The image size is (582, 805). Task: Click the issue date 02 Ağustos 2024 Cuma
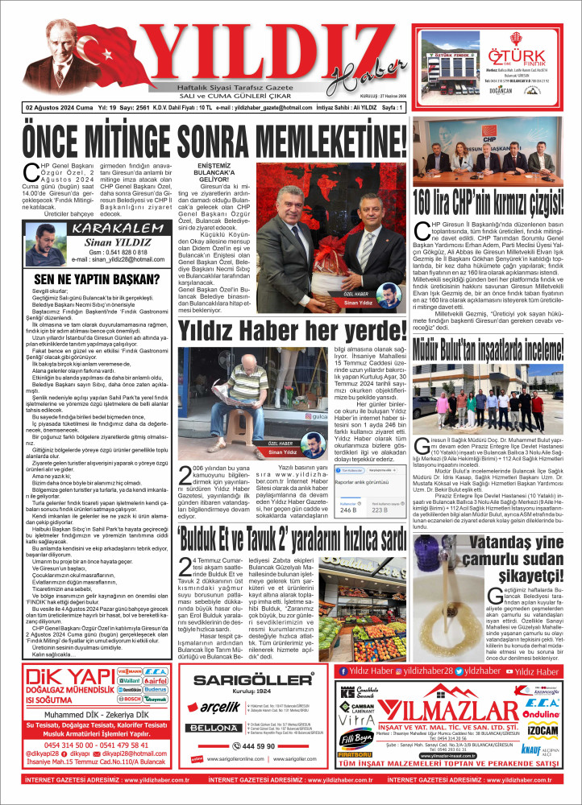pos(58,106)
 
